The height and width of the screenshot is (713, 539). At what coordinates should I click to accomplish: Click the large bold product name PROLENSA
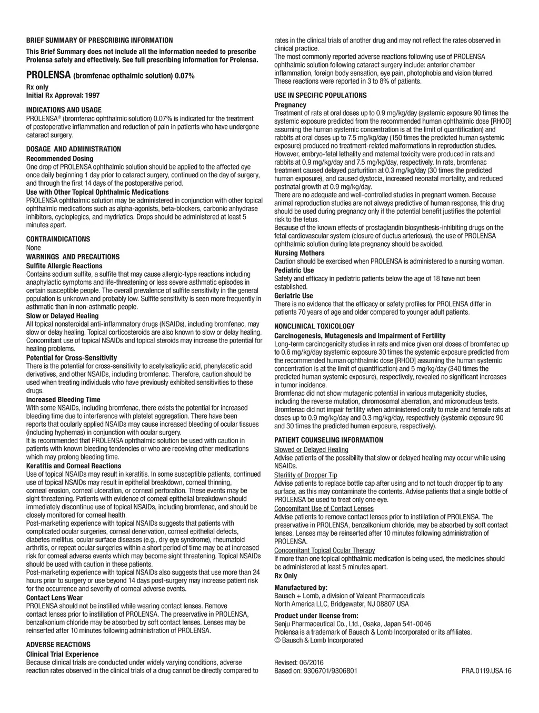click(48, 75)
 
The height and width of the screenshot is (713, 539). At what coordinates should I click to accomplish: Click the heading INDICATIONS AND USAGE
click(64, 110)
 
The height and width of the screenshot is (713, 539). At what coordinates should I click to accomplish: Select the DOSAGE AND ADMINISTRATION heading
click(74, 149)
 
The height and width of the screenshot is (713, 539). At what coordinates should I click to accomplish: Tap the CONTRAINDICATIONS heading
click(58, 239)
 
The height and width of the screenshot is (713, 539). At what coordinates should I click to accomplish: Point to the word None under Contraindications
click(33, 248)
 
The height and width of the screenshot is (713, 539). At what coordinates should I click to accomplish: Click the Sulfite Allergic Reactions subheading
click(64, 266)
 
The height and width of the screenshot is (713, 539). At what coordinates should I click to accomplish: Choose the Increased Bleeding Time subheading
click(63, 399)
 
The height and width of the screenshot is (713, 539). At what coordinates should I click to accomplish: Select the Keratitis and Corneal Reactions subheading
click(74, 466)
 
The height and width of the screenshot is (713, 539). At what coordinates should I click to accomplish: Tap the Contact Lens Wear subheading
click(54, 598)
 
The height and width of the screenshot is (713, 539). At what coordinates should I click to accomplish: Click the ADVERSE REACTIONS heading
click(58, 645)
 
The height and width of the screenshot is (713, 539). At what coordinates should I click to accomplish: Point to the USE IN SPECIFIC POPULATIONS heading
click(321, 95)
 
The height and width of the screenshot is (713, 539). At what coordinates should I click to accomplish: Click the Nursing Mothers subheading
click(300, 253)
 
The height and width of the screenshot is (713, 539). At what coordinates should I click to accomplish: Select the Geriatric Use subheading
click(294, 296)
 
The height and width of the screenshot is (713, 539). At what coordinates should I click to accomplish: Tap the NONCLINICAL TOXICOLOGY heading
click(314, 326)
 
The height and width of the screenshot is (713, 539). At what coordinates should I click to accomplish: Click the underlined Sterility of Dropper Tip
click(306, 475)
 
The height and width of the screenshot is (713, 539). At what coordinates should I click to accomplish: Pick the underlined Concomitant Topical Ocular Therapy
click(325, 550)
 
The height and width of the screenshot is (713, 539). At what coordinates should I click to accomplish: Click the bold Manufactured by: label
click(301, 588)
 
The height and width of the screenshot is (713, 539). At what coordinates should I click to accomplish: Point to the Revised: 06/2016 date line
click(299, 662)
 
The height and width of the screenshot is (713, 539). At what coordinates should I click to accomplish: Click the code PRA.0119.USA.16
click(486, 671)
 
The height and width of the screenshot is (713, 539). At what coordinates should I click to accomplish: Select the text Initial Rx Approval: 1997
click(63, 95)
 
